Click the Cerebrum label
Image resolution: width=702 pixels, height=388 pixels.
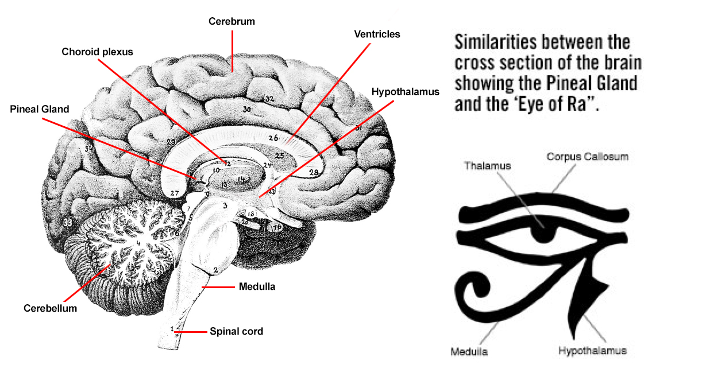[232, 22]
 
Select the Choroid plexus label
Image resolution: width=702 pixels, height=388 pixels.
[97, 52]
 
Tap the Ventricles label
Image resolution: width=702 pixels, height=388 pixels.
[377, 34]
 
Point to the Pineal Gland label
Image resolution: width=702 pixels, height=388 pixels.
[40, 109]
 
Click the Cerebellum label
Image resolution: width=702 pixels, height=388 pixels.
[50, 308]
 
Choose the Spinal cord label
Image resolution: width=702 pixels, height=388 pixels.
[236, 331]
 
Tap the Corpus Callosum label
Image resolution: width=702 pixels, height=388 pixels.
[587, 156]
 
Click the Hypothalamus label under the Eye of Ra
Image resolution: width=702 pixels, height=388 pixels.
[592, 350]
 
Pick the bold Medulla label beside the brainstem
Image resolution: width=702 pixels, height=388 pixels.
[257, 286]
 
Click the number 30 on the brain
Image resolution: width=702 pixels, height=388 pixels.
[247, 109]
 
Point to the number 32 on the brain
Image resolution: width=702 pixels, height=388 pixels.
[269, 99]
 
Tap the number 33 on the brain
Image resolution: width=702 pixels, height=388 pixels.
[68, 222]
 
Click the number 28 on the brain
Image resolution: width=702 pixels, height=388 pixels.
[314, 172]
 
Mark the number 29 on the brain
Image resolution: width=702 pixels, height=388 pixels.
[171, 142]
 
